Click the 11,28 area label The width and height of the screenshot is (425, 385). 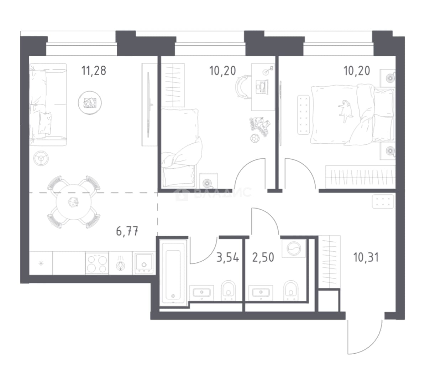coord(94,71)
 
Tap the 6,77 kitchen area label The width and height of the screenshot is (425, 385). coord(127,232)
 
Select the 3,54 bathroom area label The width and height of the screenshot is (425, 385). coord(228,257)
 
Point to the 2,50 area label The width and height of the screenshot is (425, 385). coord(263,257)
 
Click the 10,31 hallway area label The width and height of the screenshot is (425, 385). coord(366,257)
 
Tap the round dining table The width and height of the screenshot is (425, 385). coord(73,202)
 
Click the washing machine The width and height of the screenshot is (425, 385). coord(294,248)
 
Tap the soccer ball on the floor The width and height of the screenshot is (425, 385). coord(255,138)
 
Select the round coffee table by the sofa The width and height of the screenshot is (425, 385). coord(90,103)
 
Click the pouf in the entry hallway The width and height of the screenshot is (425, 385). coord(383,201)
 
